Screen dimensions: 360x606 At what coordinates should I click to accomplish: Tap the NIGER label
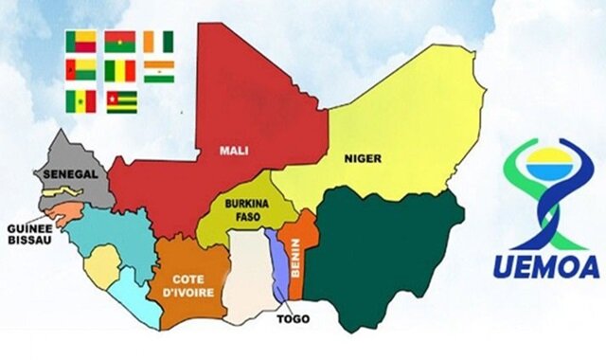(x=363, y=158)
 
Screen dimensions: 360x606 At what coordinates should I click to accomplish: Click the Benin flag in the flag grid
(x=81, y=42)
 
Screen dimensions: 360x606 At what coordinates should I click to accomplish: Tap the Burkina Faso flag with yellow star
(x=120, y=42)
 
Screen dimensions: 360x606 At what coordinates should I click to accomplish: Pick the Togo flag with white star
(x=120, y=101)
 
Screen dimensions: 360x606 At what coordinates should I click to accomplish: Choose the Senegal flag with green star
(x=81, y=101)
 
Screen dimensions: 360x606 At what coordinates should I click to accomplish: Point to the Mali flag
(x=120, y=71)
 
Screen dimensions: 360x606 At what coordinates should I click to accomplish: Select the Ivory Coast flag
(x=159, y=42)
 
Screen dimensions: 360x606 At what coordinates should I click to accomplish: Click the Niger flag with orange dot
(x=159, y=71)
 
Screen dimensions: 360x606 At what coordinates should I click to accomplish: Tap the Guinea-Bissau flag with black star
(x=81, y=71)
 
